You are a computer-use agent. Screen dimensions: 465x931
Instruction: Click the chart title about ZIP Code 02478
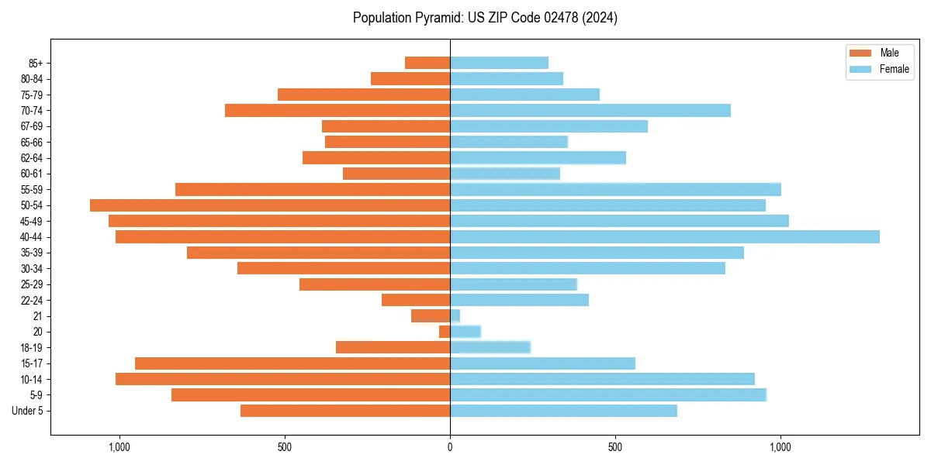click(x=485, y=18)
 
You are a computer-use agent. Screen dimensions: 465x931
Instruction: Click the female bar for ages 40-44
click(x=664, y=236)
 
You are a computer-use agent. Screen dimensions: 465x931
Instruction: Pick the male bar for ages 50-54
click(x=270, y=205)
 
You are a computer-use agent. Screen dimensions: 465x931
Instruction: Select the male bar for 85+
click(x=427, y=63)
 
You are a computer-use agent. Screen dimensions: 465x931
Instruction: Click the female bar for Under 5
click(x=563, y=411)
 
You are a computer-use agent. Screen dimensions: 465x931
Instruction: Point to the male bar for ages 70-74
click(x=337, y=110)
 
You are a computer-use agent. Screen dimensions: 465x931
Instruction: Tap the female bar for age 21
click(x=455, y=316)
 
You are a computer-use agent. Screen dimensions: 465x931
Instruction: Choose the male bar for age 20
click(x=445, y=332)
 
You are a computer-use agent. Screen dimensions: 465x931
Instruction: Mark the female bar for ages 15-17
click(x=542, y=363)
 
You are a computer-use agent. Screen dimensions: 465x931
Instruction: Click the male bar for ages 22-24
click(x=416, y=300)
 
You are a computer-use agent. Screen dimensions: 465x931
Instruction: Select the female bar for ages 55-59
click(x=615, y=189)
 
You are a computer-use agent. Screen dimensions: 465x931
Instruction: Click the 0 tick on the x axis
click(x=450, y=447)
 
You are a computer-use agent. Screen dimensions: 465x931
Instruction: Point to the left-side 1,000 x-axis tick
click(x=119, y=447)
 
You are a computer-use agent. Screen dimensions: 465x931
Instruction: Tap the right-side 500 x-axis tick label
click(x=615, y=447)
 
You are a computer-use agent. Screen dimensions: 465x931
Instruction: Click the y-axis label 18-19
click(x=30, y=348)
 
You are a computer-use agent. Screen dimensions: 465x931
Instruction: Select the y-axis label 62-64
click(x=30, y=158)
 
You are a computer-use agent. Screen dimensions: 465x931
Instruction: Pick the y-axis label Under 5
click(x=27, y=411)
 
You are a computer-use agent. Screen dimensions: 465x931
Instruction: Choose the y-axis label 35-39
click(x=30, y=253)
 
